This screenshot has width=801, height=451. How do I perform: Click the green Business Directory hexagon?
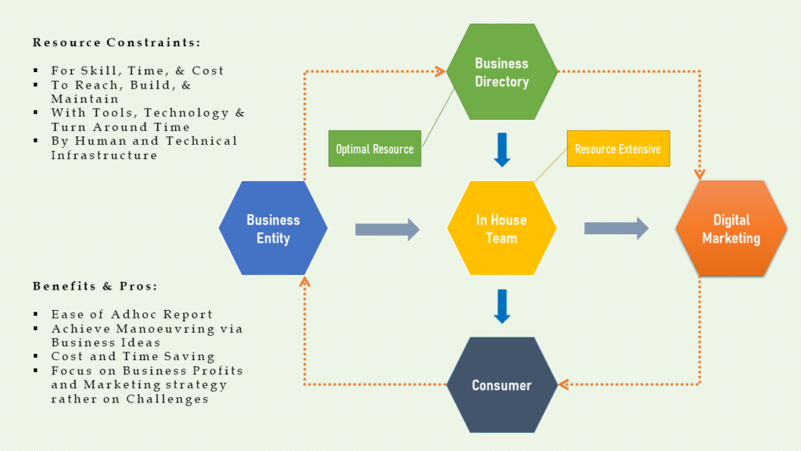coord(501,72)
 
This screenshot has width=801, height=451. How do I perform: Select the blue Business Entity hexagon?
coord(273,229)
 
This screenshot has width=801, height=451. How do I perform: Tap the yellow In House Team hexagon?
coord(501,229)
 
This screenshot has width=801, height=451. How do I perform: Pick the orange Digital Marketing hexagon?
coord(731,229)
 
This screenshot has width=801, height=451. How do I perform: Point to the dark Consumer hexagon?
coord(501,385)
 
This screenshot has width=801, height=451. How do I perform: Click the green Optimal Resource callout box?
coord(375,149)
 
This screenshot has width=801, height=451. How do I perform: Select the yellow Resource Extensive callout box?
coord(618,149)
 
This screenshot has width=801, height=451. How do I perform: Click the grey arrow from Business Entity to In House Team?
coord(387,229)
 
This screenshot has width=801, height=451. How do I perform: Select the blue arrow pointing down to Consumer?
coord(502,307)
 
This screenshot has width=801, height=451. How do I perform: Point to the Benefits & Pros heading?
coord(95,287)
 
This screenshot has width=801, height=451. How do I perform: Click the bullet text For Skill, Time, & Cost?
coord(138,70)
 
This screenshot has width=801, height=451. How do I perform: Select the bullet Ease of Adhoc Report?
coord(132,315)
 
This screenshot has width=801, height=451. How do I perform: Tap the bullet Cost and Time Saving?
coord(133,357)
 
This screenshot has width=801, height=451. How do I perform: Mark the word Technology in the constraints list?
coord(192,113)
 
